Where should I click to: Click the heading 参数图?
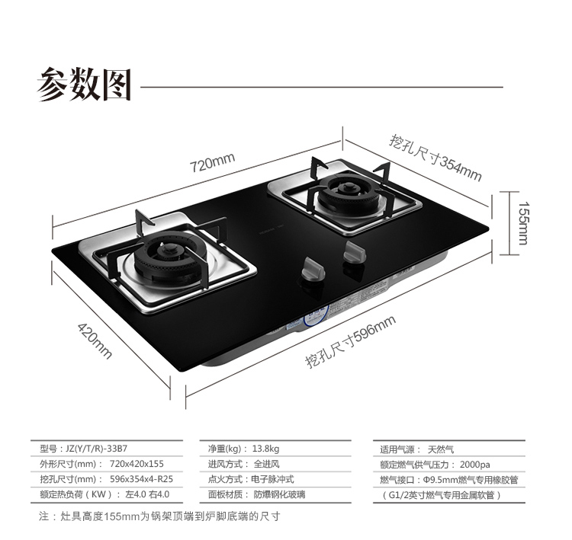click(x=84, y=85)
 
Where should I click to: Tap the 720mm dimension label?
click(x=212, y=162)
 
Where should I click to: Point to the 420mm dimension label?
click(x=95, y=340)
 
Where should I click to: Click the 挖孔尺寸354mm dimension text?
click(x=435, y=158)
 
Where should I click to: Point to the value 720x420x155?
click(x=137, y=464)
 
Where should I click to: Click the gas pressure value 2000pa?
click(x=475, y=464)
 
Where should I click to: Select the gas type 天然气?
click(x=441, y=449)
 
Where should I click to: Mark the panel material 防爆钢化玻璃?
click(x=281, y=494)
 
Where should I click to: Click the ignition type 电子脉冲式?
click(x=272, y=479)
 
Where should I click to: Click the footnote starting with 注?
click(x=160, y=516)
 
